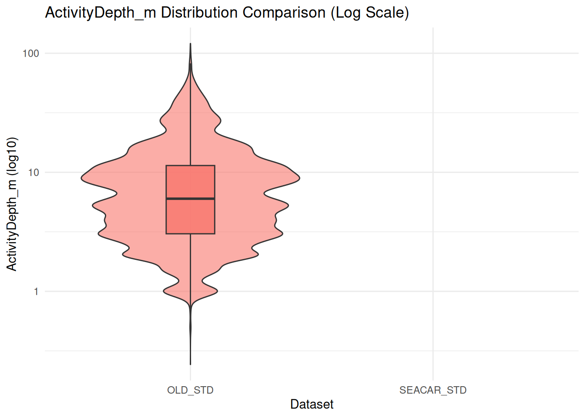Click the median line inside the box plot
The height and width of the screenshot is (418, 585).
coord(190,199)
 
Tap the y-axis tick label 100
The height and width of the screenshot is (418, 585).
coord(31,54)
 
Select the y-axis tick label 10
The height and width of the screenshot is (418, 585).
coord(34,172)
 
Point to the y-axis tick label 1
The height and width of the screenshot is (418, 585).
coord(36,291)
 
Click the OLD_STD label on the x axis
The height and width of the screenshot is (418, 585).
coord(190,390)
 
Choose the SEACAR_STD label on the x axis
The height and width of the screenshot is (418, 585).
coord(433,390)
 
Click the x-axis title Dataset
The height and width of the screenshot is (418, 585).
coord(312,404)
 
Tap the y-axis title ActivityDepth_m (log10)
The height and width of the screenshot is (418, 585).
coord(12,204)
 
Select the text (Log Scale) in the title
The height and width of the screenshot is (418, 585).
coord(370,13)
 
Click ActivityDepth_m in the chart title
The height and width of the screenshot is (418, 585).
coord(101,13)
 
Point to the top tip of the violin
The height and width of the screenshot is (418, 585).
coord(190,44)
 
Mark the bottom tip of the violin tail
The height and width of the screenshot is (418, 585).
coord(190,364)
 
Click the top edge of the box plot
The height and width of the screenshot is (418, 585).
coord(190,165)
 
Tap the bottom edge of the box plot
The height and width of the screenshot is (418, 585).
coord(190,234)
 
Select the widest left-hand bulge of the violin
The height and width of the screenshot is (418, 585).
coord(82,178)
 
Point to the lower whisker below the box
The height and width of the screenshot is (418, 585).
coord(190,270)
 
